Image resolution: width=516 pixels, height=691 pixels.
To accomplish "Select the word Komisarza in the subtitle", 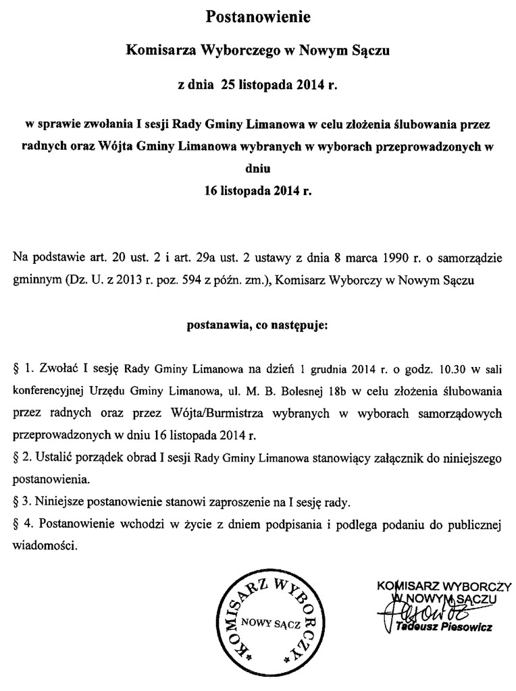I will click(156, 50).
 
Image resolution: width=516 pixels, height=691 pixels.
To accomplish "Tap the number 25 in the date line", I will click(220, 86).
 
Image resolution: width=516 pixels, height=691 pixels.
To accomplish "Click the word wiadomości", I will click(45, 545).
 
